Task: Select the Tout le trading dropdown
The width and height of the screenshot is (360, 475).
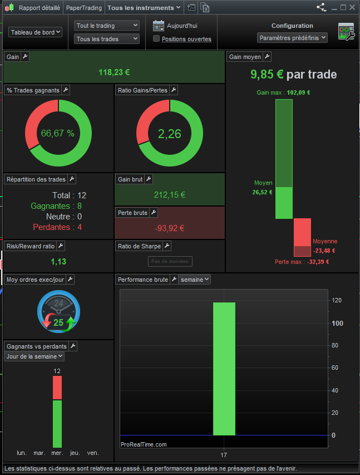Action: (x=107, y=26)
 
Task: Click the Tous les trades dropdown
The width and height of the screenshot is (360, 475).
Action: (x=107, y=39)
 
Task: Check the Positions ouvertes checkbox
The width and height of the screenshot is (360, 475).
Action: (x=156, y=39)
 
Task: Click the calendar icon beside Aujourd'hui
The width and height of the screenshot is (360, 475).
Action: (x=159, y=25)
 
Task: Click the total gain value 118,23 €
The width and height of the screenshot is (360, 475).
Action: (x=114, y=72)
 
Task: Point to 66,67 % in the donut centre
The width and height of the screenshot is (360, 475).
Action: (x=58, y=134)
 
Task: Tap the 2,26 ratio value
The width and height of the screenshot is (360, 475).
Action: (x=169, y=134)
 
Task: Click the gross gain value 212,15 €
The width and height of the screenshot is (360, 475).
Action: (x=169, y=195)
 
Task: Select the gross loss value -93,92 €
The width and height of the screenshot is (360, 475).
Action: (x=169, y=228)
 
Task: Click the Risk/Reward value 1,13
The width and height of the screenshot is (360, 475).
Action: (x=58, y=262)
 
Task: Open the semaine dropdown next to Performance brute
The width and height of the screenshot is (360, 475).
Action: (x=195, y=280)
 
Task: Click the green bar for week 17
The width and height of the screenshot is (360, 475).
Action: (x=224, y=368)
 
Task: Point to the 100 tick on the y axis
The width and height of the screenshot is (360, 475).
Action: (x=337, y=323)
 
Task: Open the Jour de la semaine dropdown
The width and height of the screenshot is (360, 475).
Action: (x=34, y=356)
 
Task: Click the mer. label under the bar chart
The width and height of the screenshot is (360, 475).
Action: (x=57, y=453)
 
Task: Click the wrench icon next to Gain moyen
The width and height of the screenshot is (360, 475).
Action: (x=267, y=57)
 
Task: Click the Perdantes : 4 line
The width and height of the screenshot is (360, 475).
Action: (x=58, y=227)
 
